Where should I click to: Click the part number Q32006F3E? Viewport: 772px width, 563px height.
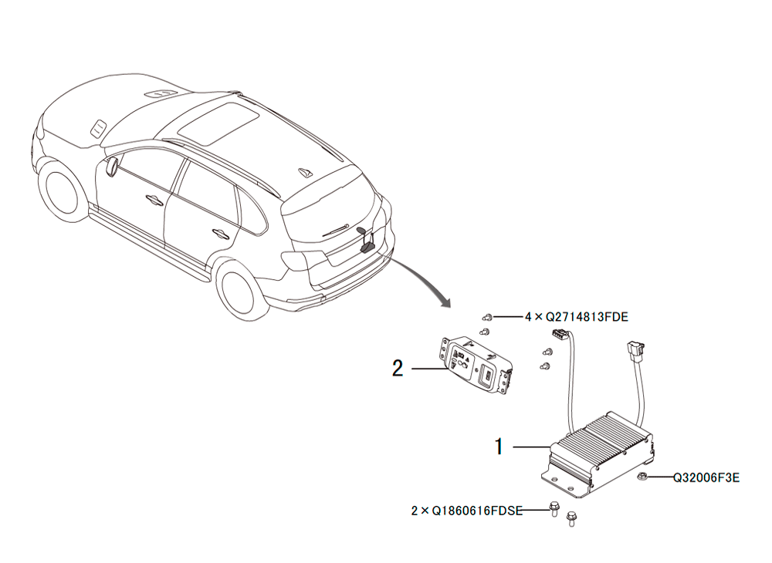point(706,477)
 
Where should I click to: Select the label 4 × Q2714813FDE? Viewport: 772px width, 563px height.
point(576,317)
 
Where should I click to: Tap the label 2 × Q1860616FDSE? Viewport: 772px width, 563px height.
point(467,511)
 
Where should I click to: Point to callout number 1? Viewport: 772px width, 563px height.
point(499,447)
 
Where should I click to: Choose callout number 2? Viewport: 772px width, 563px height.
point(398,368)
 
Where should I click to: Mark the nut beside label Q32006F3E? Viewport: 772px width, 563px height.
point(642,476)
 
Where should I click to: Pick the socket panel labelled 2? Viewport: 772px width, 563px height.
point(476,364)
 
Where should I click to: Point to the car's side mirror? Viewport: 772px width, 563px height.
point(111,166)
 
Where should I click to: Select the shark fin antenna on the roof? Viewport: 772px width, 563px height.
point(305,172)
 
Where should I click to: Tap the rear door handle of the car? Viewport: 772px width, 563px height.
point(219,233)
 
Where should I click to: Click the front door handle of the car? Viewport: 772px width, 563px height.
point(154,199)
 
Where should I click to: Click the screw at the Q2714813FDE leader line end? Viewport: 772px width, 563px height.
point(487,317)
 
